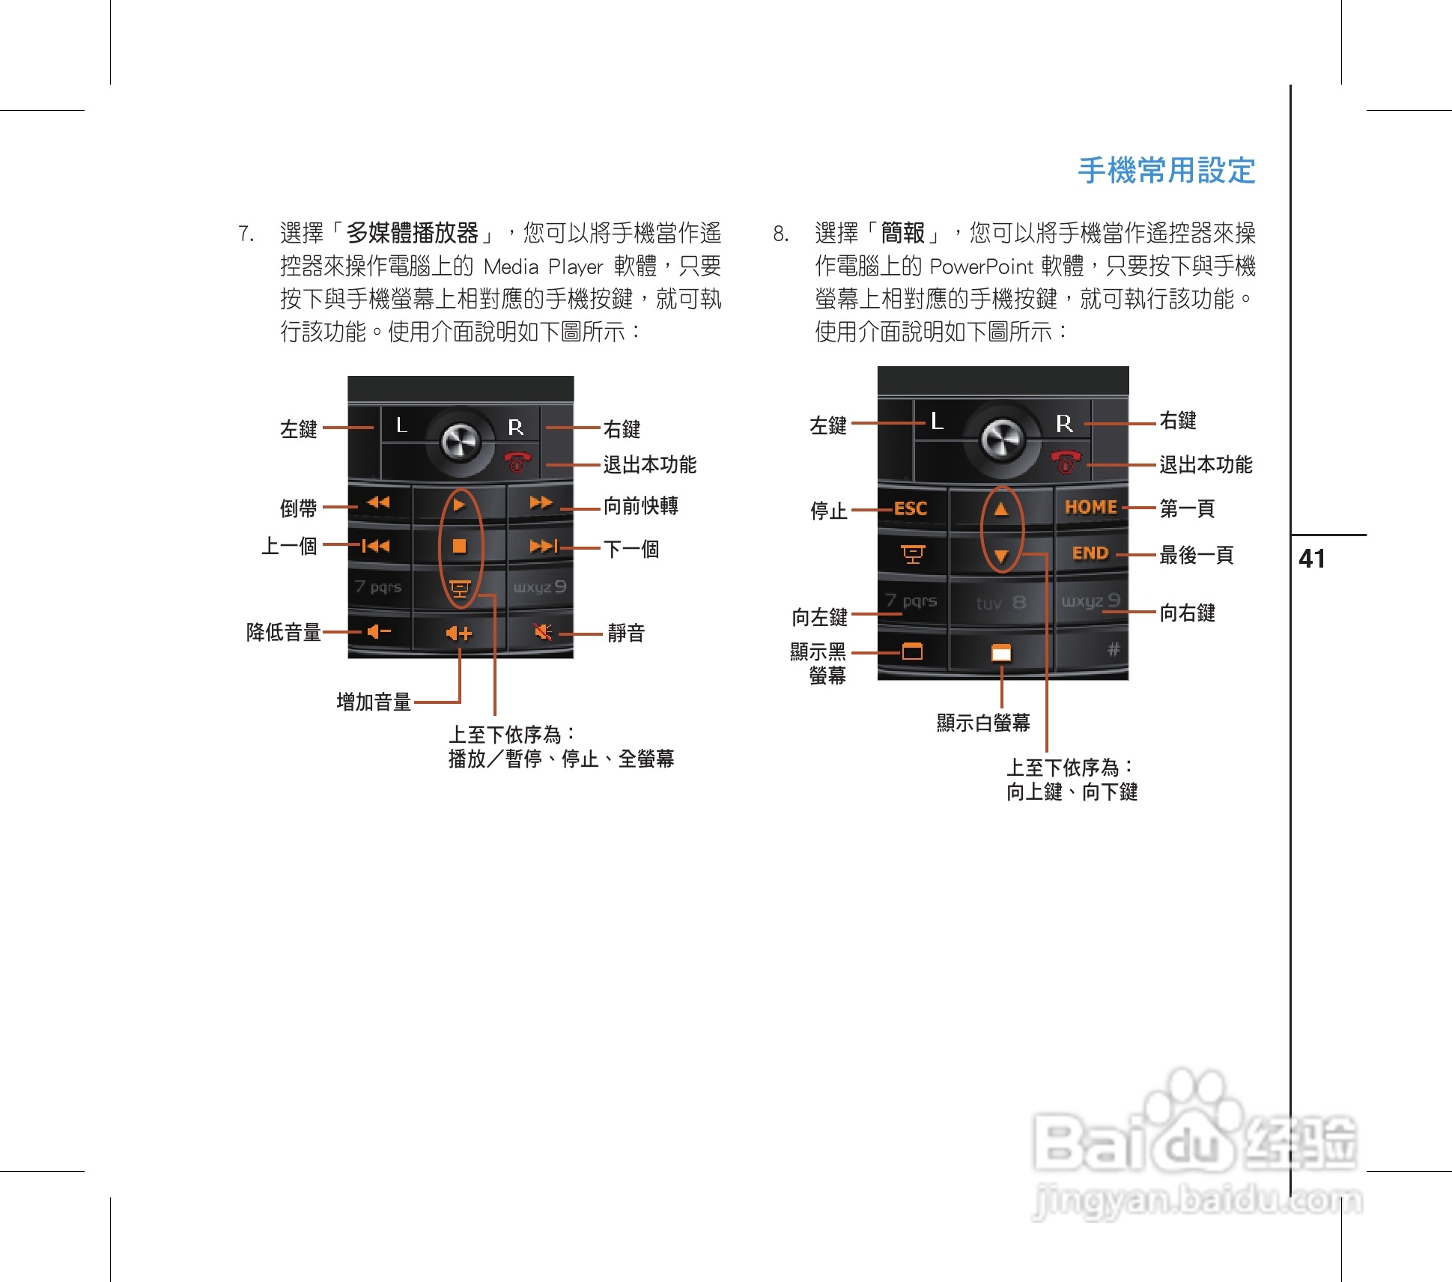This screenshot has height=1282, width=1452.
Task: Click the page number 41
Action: coord(1311,559)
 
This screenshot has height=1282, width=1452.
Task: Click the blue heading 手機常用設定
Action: coord(1166,171)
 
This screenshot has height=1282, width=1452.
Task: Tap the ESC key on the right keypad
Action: coord(910,509)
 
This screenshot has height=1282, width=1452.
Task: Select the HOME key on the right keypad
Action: coord(1090,508)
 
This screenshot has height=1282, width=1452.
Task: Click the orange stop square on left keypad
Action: coord(460,546)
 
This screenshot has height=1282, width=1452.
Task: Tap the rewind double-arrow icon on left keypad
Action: coord(378,502)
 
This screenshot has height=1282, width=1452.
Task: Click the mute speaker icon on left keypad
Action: coord(543,633)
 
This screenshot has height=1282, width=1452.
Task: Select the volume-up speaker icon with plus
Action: coord(458,634)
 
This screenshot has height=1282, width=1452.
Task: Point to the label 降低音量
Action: coord(283,633)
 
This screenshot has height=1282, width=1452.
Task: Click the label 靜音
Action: coord(625,634)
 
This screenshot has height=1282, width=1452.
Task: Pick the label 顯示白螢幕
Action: coord(982,723)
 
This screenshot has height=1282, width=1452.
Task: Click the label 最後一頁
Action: coord(1196,556)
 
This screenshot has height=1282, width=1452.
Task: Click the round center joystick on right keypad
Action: coord(1002,438)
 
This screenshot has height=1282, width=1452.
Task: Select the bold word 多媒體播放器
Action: coord(412,233)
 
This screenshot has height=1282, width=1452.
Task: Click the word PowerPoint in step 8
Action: coord(981,267)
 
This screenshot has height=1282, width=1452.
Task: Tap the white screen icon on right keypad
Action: coord(1001,653)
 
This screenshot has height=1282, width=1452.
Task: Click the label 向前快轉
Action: coord(640,506)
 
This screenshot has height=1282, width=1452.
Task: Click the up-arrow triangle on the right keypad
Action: coord(1001,510)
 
